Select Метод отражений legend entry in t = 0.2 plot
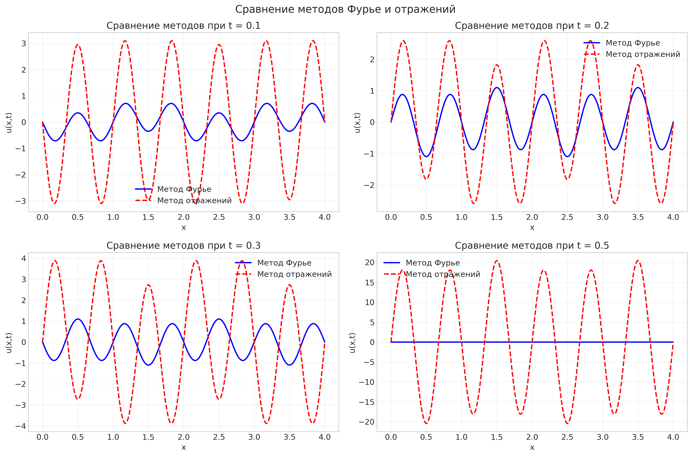643,54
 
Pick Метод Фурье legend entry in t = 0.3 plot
284,263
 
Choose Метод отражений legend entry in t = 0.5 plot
443,274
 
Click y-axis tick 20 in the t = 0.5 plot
370,263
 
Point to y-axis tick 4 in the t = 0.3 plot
24,258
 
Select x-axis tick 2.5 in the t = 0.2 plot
567,217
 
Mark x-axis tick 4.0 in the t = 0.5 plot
673,437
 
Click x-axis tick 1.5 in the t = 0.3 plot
148,437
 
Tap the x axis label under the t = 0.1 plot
184,227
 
